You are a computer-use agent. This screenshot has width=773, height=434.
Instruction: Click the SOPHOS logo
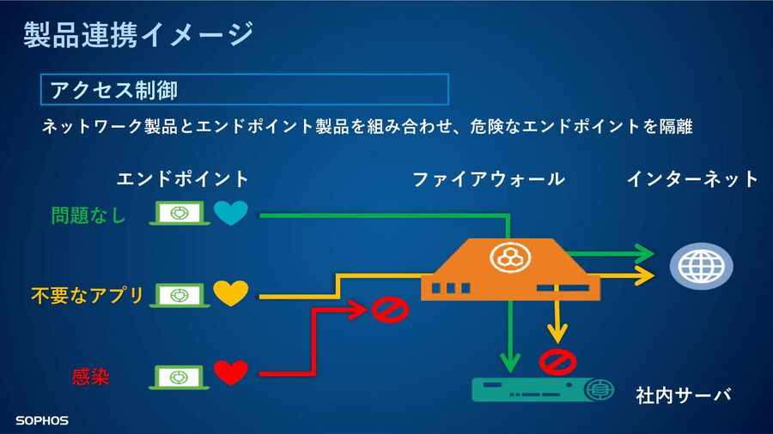click(42, 421)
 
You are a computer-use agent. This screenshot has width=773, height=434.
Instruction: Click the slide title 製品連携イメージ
click(138, 34)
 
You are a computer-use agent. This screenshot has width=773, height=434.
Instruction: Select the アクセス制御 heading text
click(114, 90)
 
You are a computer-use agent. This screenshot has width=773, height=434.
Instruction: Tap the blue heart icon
click(231, 213)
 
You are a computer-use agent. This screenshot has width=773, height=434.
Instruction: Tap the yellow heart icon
click(231, 293)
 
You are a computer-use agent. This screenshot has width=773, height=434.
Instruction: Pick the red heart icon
click(231, 373)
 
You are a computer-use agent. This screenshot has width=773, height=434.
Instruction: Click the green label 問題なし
click(88, 215)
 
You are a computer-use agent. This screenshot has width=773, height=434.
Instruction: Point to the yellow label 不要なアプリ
click(88, 296)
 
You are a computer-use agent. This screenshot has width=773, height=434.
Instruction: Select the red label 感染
click(91, 377)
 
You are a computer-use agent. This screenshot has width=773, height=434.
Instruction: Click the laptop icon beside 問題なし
click(180, 214)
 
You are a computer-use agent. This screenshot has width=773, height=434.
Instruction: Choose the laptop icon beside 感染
click(180, 377)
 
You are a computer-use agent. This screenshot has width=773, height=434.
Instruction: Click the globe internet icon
click(701, 266)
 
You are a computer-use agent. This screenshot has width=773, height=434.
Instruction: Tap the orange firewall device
click(510, 269)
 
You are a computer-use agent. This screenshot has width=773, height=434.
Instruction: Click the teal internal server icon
click(543, 389)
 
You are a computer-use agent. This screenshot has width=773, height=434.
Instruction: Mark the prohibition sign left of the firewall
click(389, 310)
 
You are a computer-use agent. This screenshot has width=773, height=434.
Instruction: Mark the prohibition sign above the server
click(557, 362)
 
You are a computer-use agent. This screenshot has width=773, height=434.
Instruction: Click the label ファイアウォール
click(489, 179)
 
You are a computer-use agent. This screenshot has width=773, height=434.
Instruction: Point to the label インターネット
click(692, 178)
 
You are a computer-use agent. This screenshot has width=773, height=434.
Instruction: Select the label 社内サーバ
click(683, 395)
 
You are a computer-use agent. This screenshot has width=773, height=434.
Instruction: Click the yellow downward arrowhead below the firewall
click(557, 334)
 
